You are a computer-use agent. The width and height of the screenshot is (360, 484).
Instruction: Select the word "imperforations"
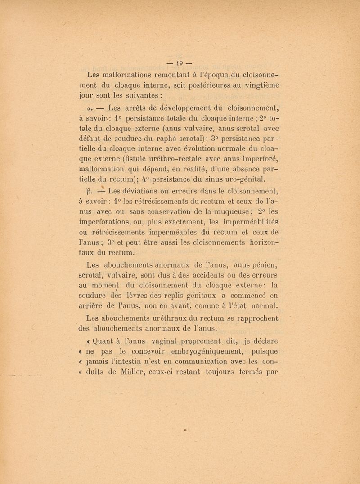[x=103, y=221]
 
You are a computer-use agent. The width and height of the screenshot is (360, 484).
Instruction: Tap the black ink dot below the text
[x=185, y=430]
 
